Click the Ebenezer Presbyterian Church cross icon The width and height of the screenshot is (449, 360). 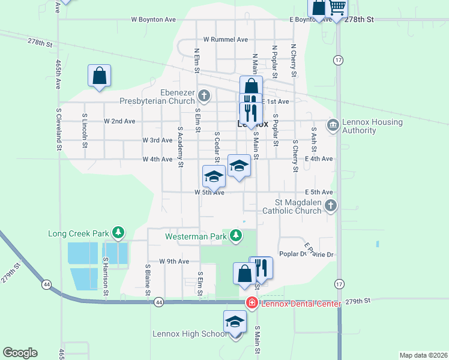pos(204,95)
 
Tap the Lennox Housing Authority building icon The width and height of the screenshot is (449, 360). pos(332,125)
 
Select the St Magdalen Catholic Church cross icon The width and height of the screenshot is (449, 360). pos(330,206)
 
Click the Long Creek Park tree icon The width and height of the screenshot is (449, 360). pos(118,232)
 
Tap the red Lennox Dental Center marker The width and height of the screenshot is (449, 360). pos(252,304)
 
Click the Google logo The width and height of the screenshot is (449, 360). pos(20,353)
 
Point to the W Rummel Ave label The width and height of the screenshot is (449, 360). pos(225,40)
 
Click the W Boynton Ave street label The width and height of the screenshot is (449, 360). pos(154,20)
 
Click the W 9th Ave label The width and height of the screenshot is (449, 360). pos(174,262)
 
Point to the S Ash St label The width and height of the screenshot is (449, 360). pos(313,139)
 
